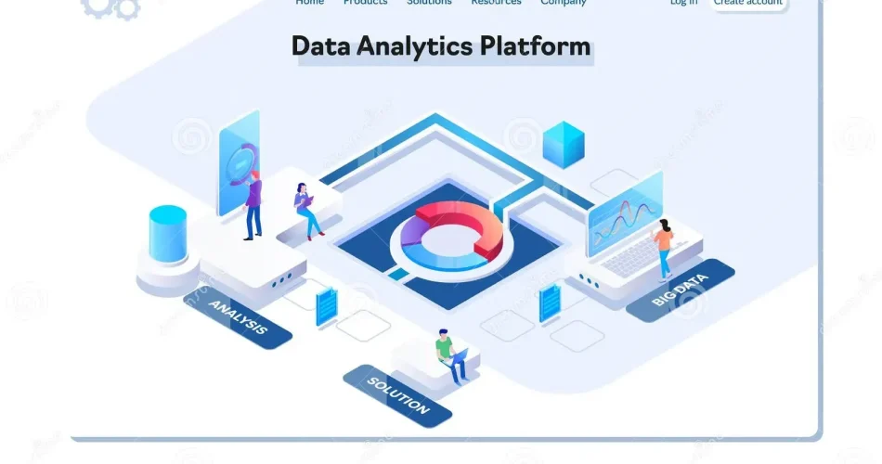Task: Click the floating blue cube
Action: coord(564,144)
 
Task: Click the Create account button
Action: coord(748,3)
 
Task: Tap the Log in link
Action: coord(683,3)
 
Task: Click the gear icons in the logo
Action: coord(110,7)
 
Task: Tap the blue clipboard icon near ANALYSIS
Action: coord(326,306)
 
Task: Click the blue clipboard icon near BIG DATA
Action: coord(550,302)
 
